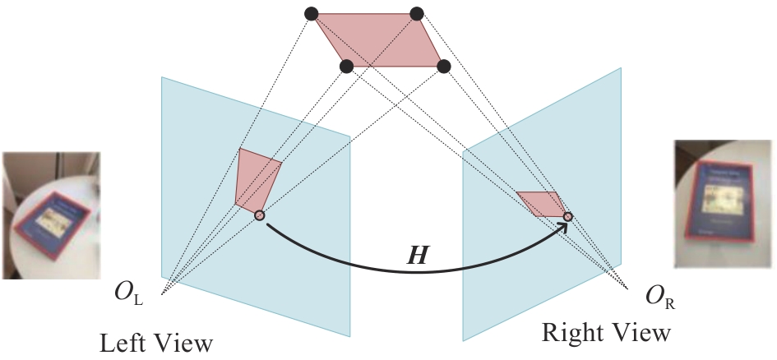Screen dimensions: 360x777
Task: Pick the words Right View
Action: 606,333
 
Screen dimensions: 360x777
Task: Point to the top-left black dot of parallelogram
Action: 311,13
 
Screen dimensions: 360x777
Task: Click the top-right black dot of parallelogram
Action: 416,13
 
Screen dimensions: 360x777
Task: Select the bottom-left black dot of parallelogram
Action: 346,66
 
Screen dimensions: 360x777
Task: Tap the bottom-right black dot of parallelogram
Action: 444,66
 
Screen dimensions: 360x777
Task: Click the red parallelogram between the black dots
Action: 378,39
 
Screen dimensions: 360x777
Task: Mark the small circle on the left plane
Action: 259,215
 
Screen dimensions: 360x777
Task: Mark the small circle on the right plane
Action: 567,216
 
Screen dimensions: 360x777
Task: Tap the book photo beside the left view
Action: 50,215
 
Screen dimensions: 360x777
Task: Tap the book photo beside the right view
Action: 724,203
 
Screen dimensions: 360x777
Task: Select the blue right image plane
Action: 526,271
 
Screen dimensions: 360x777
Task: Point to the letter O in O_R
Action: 640,292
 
